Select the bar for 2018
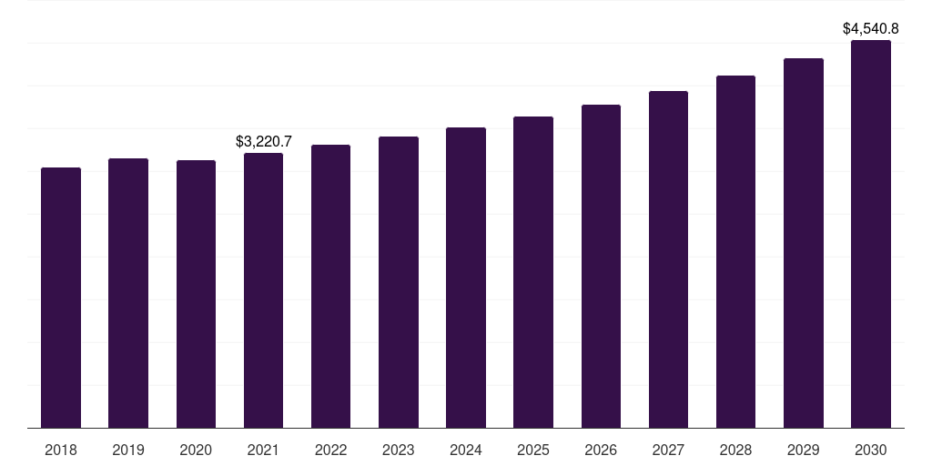pos(61,298)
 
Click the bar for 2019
pos(128,293)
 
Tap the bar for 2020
pos(197,294)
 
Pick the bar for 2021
pos(263,290)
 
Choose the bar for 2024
pos(466,278)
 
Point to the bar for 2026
pos(601,267)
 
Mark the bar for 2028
pos(735,252)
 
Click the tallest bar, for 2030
pos(871,234)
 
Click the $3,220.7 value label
pos(264,141)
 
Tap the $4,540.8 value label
pos(871,28)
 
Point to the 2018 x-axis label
pos(61,450)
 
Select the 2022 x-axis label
pos(330,450)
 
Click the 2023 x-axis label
pos(399,450)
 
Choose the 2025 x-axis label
pos(533,450)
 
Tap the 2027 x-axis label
pos(668,450)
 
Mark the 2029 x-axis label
pos(803,450)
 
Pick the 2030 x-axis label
pos(871,450)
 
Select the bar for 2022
pos(330,287)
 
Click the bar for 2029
pos(804,243)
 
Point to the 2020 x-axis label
pos(196,450)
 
